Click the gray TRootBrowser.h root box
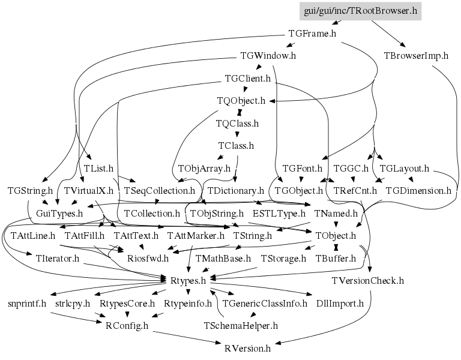coord(360,11)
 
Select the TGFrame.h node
coord(312,34)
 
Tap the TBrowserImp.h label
coord(416,56)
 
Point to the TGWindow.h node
coord(268,56)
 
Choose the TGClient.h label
coord(247,78)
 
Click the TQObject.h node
coord(241,101)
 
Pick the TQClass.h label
coord(237,124)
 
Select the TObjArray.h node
coord(204,169)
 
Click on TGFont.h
coord(303,169)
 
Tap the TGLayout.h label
coord(404,169)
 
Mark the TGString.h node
coord(30,191)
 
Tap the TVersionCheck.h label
coord(367,281)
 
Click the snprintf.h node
coord(27,303)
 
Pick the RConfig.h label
coord(127,325)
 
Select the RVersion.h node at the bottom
coord(247,348)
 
